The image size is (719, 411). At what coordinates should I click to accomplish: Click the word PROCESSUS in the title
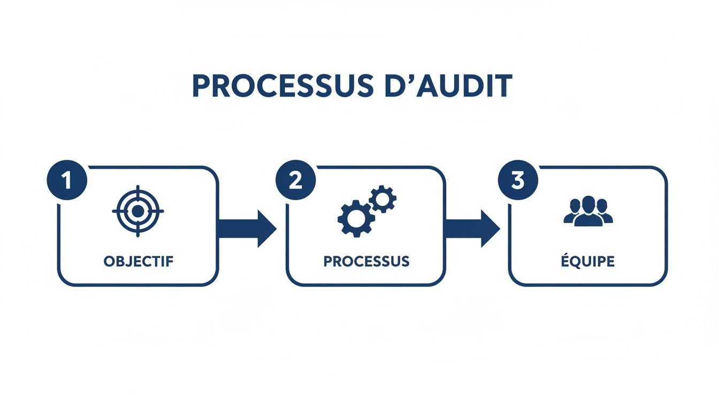coord(280,86)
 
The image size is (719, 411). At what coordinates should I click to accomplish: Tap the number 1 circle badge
coord(67,180)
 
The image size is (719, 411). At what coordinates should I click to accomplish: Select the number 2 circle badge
coord(295,180)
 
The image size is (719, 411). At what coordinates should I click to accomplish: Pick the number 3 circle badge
coord(517,180)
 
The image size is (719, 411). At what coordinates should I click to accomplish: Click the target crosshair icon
coord(138,211)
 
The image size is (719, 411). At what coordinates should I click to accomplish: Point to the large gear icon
coord(355,218)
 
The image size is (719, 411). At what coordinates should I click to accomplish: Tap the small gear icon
coord(383,199)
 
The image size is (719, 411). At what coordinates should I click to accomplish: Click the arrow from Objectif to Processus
coord(247,229)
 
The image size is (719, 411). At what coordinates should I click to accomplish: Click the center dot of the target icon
coord(138,211)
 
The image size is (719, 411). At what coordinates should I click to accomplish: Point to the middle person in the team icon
coord(588,210)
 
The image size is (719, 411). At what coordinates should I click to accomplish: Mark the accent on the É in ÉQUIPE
coord(567,254)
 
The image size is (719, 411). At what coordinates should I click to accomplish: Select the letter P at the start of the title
coord(200,86)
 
